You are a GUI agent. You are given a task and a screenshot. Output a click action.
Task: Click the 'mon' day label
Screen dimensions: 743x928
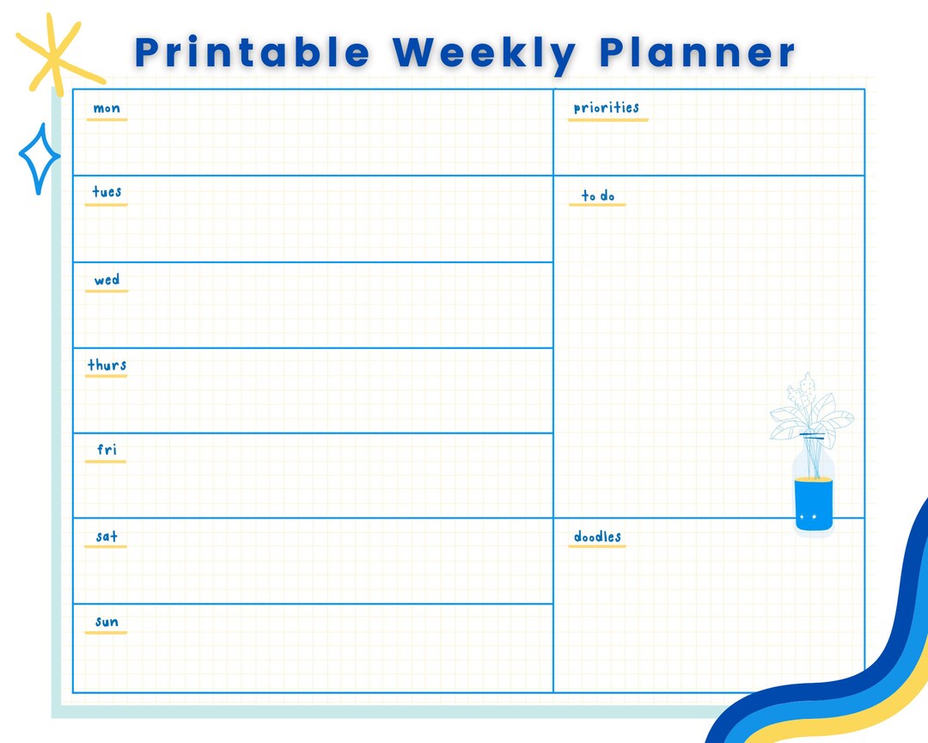tap(107, 108)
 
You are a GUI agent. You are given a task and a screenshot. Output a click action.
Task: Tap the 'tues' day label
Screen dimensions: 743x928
tap(107, 192)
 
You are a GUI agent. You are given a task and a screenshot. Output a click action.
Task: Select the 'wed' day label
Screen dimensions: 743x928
tap(107, 279)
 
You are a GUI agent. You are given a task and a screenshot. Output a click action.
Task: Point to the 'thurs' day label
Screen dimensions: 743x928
tap(107, 365)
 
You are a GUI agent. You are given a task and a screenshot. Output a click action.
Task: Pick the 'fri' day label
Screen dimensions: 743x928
tap(107, 450)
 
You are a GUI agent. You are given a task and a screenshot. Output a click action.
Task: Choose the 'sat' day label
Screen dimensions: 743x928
tap(107, 537)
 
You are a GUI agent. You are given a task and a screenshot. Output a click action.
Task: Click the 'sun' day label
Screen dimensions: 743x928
tap(107, 622)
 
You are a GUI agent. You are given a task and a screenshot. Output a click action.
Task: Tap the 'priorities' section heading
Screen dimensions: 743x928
tap(607, 107)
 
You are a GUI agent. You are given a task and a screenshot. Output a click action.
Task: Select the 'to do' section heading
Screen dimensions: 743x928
tap(598, 196)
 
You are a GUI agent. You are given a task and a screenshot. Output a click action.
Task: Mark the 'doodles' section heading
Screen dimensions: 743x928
tap(597, 537)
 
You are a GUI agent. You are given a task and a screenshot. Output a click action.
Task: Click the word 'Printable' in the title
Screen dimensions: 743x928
tap(252, 52)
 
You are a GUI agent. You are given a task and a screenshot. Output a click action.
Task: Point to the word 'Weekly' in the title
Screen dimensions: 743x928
tap(484, 52)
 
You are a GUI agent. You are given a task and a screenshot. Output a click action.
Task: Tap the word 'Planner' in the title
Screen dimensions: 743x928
tap(697, 52)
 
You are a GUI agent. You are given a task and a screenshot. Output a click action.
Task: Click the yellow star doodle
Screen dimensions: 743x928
tap(56, 53)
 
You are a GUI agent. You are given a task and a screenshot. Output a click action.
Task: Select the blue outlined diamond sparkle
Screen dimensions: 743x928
tap(40, 158)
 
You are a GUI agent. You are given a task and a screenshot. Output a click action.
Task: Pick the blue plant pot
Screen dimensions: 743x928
tap(813, 504)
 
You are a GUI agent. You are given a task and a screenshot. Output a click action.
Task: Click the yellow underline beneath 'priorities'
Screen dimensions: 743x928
tap(607, 120)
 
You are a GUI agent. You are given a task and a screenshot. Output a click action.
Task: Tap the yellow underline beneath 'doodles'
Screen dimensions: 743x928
tap(597, 547)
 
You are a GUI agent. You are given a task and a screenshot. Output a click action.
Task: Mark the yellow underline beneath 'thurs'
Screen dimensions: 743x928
tap(107, 376)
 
